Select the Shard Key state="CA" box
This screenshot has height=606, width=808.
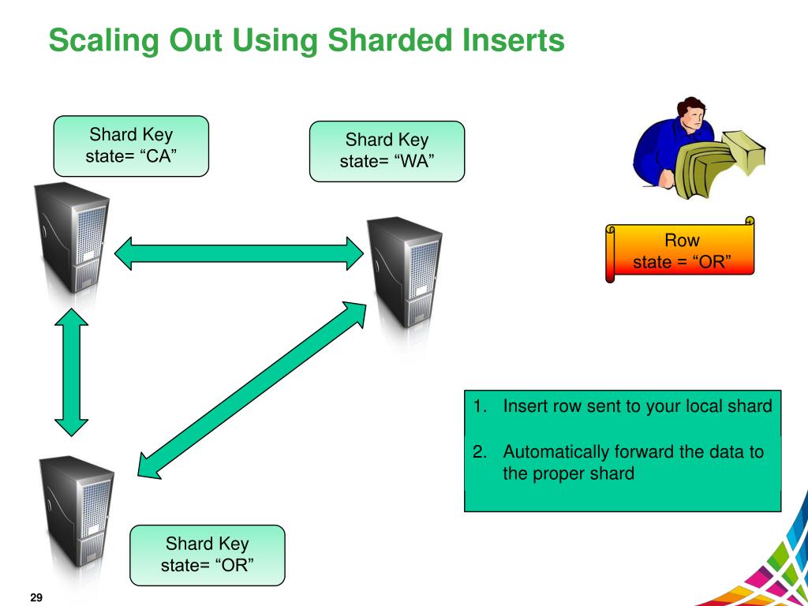tap(131, 145)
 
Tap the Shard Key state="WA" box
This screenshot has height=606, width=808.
tap(387, 151)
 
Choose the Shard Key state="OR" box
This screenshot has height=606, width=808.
tap(207, 555)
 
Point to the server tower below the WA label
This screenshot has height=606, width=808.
tap(405, 272)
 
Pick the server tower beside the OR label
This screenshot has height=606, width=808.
tap(77, 514)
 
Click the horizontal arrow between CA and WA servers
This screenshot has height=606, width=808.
tap(239, 253)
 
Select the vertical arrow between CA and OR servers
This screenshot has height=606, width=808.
tap(72, 372)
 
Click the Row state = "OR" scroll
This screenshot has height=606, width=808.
tap(680, 251)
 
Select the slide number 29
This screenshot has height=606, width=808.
tap(36, 597)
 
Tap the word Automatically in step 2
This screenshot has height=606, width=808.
tap(556, 452)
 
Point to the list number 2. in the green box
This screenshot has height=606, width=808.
tap(481, 452)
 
